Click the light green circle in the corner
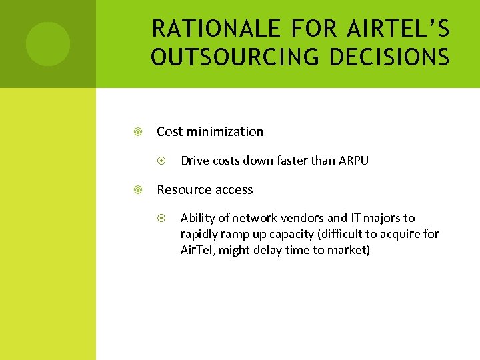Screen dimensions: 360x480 [47, 44]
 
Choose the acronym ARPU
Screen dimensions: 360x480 [353, 161]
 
